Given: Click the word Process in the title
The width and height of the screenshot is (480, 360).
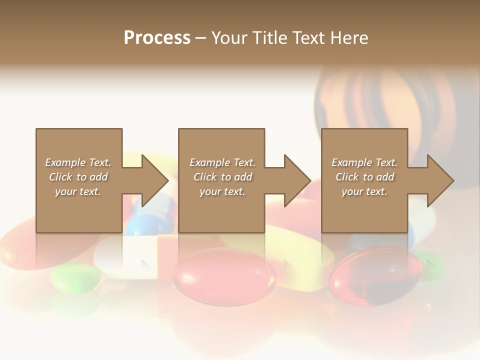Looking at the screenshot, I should [157, 38].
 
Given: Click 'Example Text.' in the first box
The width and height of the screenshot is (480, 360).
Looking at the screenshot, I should [78, 162].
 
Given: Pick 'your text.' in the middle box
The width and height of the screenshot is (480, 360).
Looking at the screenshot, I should [222, 191].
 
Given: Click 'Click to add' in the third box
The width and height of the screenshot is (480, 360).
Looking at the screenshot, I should [365, 177].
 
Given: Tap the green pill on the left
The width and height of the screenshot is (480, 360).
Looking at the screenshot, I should [75, 277].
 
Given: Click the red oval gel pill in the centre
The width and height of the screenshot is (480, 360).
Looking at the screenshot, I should [224, 274].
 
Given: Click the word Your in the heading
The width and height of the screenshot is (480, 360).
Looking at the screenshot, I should [229, 38].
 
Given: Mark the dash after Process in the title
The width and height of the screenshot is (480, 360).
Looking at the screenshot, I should [201, 38].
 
